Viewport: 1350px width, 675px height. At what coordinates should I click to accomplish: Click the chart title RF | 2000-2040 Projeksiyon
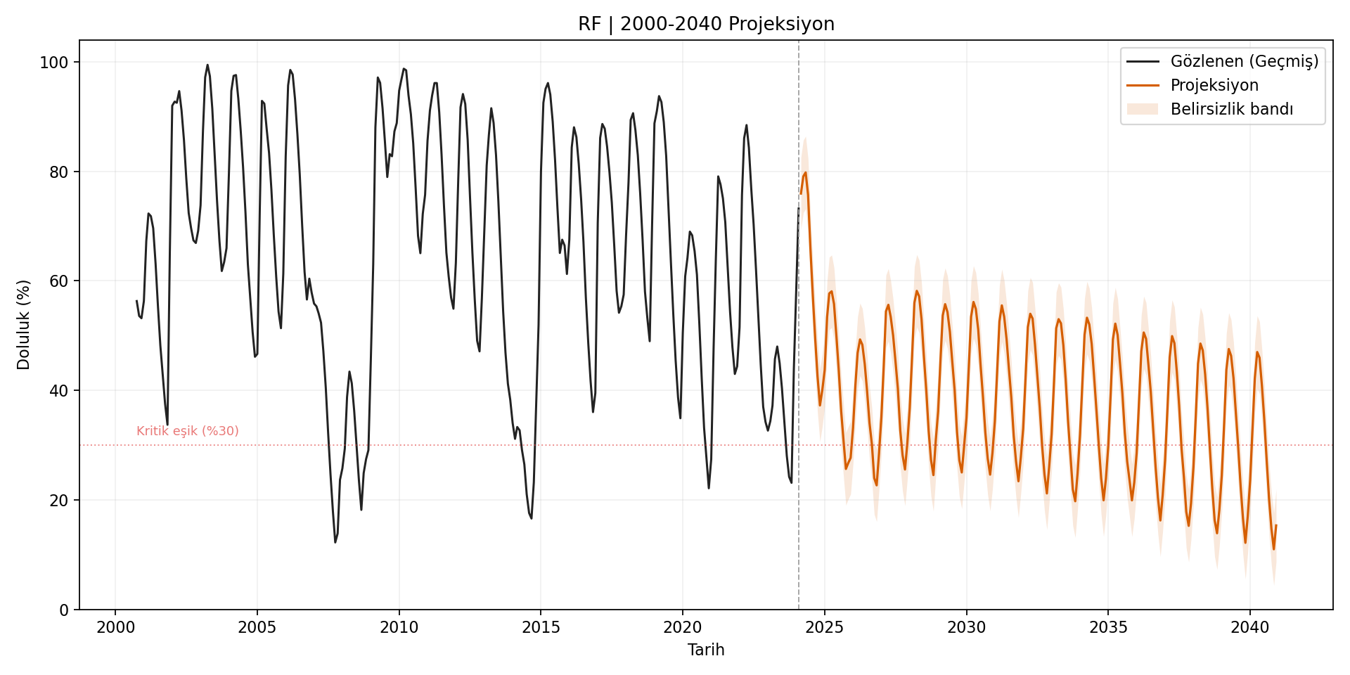[x=706, y=24]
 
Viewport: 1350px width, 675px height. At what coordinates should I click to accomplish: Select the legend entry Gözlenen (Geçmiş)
[x=1244, y=62]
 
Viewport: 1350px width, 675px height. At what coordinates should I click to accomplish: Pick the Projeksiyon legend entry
[x=1214, y=86]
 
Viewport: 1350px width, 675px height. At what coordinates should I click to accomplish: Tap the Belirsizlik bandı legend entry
[x=1231, y=110]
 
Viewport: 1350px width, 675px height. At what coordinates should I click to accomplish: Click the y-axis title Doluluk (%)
[x=24, y=325]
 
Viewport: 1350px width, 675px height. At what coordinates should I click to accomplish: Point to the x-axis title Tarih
[x=706, y=650]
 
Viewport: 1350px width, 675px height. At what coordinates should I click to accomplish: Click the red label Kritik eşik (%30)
[x=188, y=431]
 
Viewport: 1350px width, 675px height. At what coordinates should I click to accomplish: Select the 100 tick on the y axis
[x=54, y=63]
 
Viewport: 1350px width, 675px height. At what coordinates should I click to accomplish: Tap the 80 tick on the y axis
[x=58, y=172]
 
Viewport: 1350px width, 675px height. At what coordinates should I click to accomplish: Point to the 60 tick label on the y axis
[x=58, y=281]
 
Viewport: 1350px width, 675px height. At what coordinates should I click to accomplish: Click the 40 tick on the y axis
[x=58, y=391]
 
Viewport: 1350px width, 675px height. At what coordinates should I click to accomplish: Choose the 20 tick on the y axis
[x=58, y=501]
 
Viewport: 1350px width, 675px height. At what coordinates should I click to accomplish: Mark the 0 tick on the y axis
[x=63, y=610]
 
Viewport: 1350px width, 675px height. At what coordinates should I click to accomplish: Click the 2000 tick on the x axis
[x=115, y=627]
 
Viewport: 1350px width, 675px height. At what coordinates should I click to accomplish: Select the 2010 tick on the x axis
[x=399, y=627]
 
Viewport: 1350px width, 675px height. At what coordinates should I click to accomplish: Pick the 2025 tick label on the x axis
[x=824, y=627]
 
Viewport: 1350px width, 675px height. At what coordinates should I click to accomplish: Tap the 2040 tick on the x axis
[x=1249, y=627]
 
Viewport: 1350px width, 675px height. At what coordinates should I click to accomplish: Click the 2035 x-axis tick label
[x=1108, y=627]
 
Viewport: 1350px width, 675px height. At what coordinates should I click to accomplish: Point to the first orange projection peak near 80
[x=805, y=173]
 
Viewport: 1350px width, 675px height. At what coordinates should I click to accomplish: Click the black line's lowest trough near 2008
[x=335, y=541]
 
